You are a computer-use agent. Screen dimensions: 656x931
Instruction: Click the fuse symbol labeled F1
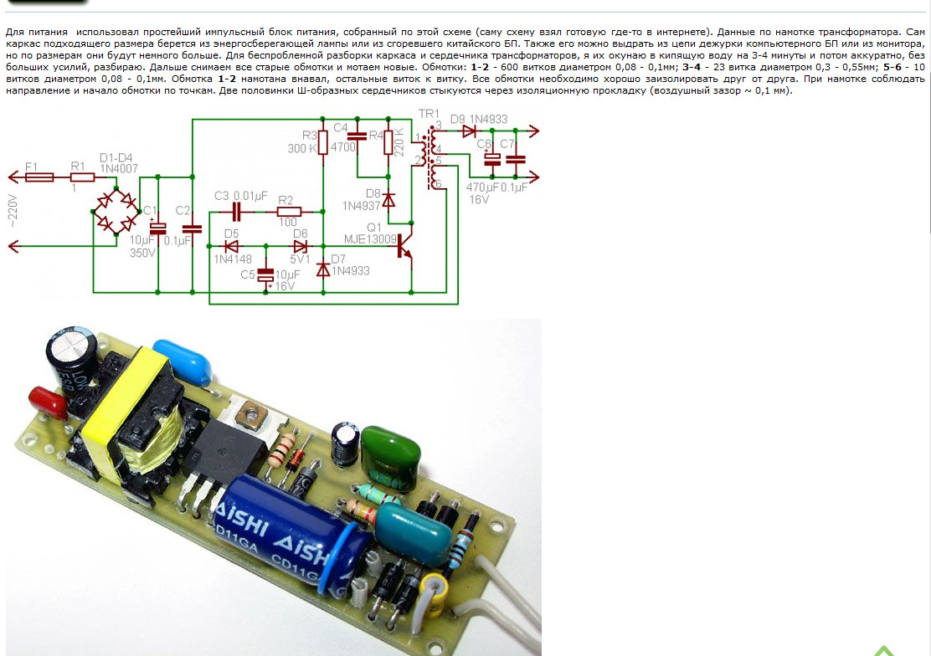coord(39,177)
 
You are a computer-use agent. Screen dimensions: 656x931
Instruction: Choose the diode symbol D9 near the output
coord(470,131)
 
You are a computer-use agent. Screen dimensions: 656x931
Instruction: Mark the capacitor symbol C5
coord(266,274)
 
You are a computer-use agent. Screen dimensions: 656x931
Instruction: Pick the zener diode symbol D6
coord(300,247)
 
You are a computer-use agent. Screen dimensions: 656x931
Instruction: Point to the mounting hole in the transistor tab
coord(251,411)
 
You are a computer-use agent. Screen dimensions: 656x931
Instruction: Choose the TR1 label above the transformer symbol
coord(429,114)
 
